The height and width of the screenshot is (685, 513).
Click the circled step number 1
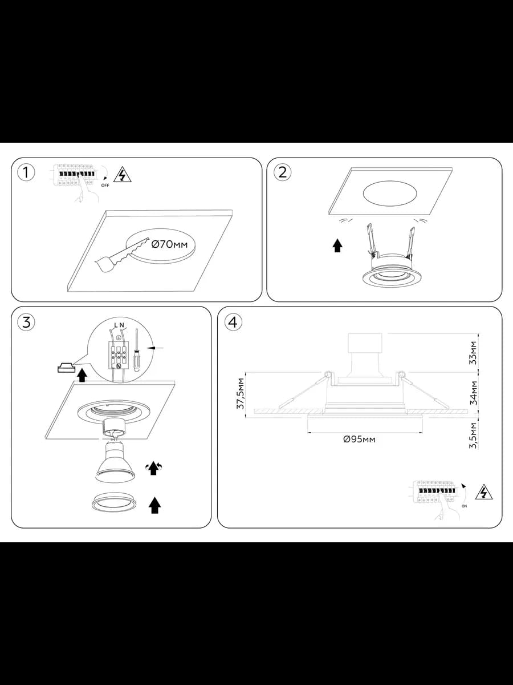(x=26, y=173)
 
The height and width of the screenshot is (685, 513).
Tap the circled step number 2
(x=282, y=172)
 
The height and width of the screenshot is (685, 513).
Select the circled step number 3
(x=26, y=322)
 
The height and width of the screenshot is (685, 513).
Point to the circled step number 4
(x=233, y=322)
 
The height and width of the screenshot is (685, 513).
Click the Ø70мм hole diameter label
(x=170, y=244)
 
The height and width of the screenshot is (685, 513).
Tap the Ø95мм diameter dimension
(x=359, y=440)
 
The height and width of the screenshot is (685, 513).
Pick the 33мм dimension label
(x=474, y=353)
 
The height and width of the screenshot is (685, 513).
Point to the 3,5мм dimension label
(x=474, y=436)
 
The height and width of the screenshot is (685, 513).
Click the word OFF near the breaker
(x=105, y=186)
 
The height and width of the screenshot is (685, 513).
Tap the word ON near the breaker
(x=464, y=506)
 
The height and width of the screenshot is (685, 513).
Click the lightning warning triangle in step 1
(x=123, y=175)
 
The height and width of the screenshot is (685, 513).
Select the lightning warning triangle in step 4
(x=484, y=492)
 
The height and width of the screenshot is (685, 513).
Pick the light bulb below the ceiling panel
(x=116, y=461)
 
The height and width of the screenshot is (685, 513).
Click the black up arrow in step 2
(x=337, y=245)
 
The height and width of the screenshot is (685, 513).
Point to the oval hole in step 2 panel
(x=390, y=193)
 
